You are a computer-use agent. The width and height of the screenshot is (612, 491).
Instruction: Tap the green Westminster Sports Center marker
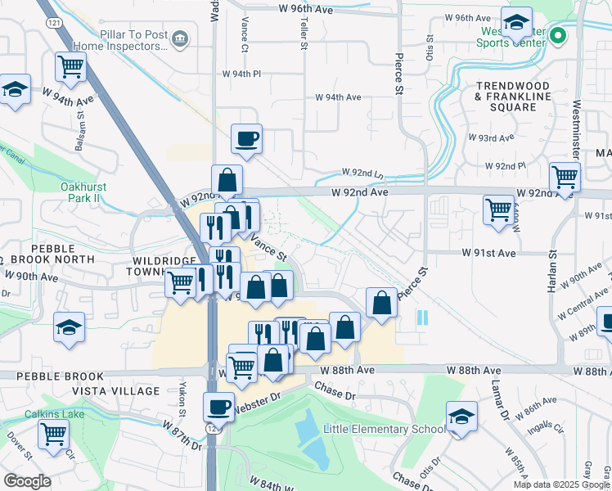click(558, 35)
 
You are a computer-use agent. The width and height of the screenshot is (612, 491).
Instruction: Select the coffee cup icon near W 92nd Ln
click(246, 138)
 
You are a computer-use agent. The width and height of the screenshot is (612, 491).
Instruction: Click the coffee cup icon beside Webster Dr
click(218, 406)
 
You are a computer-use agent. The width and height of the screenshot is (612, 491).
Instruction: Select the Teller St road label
click(303, 33)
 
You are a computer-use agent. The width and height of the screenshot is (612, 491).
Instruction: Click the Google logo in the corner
click(27, 481)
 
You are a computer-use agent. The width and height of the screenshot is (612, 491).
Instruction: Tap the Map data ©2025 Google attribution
click(561, 484)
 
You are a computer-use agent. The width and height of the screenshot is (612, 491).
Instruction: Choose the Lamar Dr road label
click(497, 398)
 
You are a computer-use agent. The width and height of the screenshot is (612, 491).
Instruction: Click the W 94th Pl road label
click(241, 74)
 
